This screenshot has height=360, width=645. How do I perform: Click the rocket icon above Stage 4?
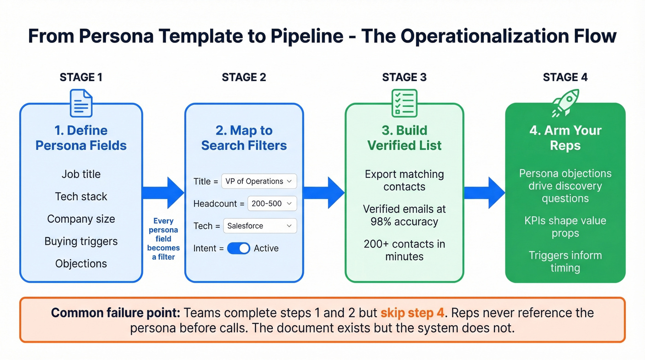tap(565, 103)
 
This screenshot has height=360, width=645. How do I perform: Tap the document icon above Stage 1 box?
tap(81, 103)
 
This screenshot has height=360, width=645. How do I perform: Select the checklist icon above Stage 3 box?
tap(404, 103)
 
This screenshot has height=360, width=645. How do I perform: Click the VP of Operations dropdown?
tap(259, 181)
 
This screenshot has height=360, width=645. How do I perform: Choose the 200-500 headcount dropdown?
tap(272, 203)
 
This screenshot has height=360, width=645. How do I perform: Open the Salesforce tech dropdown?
tap(260, 226)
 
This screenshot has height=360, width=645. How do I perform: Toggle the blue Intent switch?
tap(239, 248)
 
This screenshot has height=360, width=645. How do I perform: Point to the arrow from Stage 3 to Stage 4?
tap(484, 193)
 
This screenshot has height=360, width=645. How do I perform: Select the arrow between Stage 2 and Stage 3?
tap(324, 193)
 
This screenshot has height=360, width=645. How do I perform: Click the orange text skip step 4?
tap(413, 313)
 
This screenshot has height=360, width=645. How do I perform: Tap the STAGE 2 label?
tap(244, 77)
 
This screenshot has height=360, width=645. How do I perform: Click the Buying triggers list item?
tap(81, 241)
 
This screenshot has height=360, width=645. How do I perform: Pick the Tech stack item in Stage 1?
tap(81, 196)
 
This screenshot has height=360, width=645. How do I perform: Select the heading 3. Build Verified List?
tap(404, 138)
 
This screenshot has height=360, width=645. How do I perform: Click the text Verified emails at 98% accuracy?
tap(404, 215)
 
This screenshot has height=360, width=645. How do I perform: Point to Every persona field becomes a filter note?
tap(164, 239)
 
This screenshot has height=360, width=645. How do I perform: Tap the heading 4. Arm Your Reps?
tap(565, 138)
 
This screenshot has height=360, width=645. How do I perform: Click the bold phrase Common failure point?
tap(116, 313)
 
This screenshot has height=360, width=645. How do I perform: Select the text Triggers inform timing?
tap(565, 261)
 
